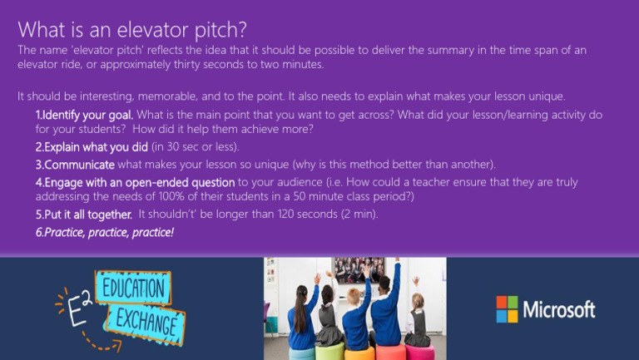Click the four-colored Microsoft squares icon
[507, 309]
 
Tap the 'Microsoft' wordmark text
[558, 310]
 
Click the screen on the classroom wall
[359, 270]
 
